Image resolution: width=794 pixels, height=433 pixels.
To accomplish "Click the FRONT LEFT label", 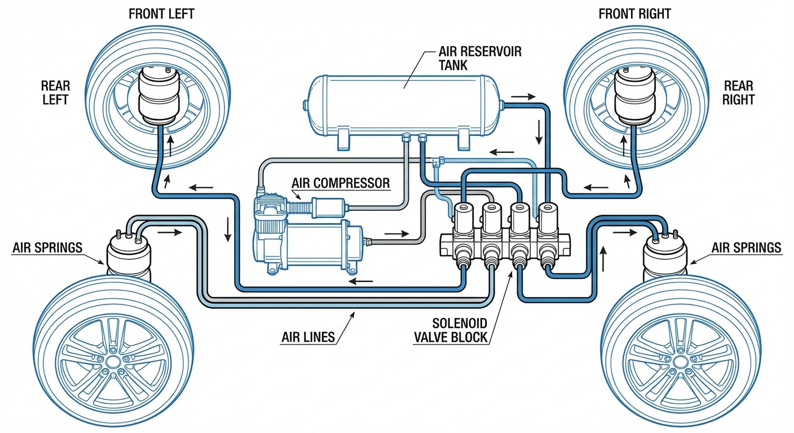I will [x=162, y=13].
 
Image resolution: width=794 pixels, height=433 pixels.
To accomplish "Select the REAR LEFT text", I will [x=55, y=92].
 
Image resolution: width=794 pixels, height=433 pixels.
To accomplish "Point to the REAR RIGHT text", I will [x=738, y=92].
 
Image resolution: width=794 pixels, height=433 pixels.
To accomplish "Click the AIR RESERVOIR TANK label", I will [x=480, y=58].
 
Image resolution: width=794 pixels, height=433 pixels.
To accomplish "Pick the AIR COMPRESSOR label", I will [x=341, y=183].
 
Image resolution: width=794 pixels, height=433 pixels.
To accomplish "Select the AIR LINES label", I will [x=308, y=338].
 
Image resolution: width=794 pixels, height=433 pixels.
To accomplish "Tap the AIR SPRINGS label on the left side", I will [x=48, y=248].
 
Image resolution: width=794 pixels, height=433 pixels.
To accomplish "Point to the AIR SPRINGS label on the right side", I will [x=747, y=248].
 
